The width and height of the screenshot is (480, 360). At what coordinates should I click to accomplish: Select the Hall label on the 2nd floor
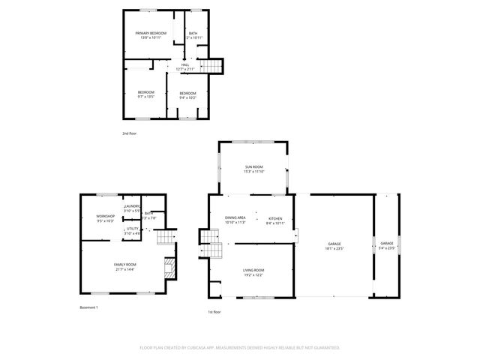pyautogui.click(x=185, y=67)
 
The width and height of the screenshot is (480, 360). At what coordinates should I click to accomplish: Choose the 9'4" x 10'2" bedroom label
pyautogui.click(x=187, y=94)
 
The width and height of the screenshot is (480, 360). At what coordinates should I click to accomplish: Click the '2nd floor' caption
pyautogui.click(x=130, y=133)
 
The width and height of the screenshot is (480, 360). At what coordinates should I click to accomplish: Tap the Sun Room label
pyautogui.click(x=253, y=169)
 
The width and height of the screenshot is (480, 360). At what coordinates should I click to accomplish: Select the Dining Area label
pyautogui.click(x=235, y=220)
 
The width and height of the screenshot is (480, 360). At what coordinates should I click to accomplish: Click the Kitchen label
pyautogui.click(x=276, y=220)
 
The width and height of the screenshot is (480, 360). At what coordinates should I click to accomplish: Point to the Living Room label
pyautogui.click(x=253, y=272)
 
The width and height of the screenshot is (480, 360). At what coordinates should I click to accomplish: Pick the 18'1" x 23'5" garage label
pyautogui.click(x=334, y=247)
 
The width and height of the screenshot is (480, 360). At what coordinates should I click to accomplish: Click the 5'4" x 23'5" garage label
pyautogui.click(x=387, y=247)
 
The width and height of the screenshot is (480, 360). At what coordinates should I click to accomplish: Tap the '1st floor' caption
pyautogui.click(x=214, y=311)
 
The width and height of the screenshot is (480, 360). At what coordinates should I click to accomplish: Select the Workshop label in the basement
pyautogui.click(x=105, y=218)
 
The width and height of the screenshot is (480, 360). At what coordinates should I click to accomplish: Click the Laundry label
pyautogui.click(x=133, y=208)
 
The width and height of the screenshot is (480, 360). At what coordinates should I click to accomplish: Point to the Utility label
pyautogui.click(x=133, y=230)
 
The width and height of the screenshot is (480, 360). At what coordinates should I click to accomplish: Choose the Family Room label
pyautogui.click(x=125, y=266)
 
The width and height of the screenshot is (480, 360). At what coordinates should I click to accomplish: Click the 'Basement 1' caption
pyautogui.click(x=89, y=307)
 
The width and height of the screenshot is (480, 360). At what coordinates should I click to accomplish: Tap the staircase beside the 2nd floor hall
pyautogui.click(x=214, y=67)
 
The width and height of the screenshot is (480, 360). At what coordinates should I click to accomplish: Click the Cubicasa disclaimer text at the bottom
pyautogui.click(x=240, y=348)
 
